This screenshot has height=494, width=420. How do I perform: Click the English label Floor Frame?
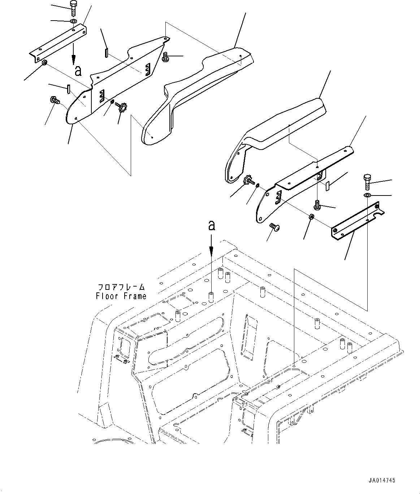coord(121,296)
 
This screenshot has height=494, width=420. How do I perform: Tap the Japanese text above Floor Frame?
coord(121,287)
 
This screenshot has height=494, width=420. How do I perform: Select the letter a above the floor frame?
coord(212,225)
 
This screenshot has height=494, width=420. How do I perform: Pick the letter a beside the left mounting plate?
coord(78,71)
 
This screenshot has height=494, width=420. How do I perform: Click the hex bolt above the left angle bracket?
coord(73,8)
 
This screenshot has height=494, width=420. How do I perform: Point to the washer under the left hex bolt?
coord(73,21)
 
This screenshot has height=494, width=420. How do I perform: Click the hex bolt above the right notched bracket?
coord(367,182)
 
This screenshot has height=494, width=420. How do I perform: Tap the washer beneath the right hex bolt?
coord(367,195)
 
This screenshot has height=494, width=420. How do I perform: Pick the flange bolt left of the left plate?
coord(55,100)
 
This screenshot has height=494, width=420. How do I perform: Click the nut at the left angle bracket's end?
coord(44,63)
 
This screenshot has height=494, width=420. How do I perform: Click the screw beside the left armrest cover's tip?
coord(165,57)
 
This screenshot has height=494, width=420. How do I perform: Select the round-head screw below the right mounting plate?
coord(275,227)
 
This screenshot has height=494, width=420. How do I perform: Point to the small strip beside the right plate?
coord(328,186)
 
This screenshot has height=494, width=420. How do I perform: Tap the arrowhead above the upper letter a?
coord(74,60)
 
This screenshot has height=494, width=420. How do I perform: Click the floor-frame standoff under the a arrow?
coord(211,297)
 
